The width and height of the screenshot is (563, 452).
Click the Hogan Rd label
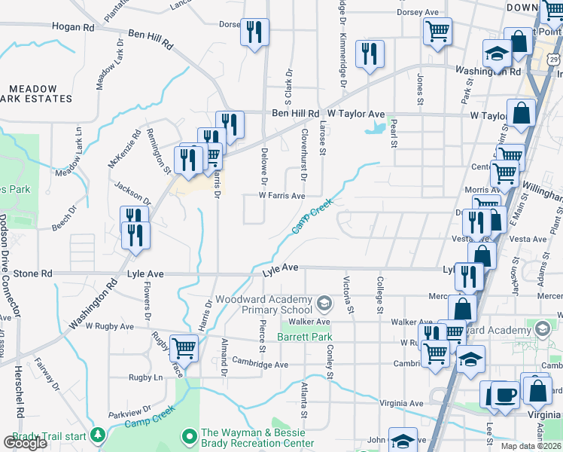[x=73, y=26]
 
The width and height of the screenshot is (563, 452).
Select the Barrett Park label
[x=306, y=337]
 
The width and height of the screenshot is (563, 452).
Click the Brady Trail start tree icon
[x=97, y=435]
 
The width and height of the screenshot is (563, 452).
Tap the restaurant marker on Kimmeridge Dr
[x=369, y=53]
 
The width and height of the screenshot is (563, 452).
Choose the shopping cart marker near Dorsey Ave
[x=437, y=32]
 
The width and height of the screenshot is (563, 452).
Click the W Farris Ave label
[x=281, y=196]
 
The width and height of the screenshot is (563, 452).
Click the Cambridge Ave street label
[x=260, y=365]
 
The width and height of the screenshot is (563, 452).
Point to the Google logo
[x=25, y=443]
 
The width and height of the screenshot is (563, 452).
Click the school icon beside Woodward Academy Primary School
[x=324, y=304]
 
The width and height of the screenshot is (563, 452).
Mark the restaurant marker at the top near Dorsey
[x=254, y=32]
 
